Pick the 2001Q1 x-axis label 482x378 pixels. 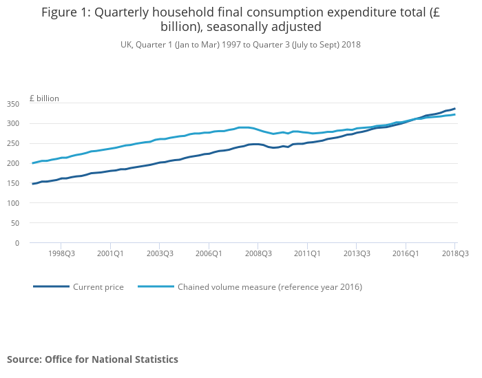coord(110,254)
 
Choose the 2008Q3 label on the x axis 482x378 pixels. coord(258,254)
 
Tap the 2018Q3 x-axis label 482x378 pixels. coord(454,254)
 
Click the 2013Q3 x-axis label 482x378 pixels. coord(356,254)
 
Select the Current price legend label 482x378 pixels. coord(98,287)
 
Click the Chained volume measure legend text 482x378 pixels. coord(270,287)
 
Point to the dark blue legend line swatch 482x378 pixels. coord(51,286)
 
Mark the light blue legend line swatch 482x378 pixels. coord(156,286)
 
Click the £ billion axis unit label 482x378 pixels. coord(44,98)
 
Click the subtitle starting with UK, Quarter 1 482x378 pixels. coord(240,45)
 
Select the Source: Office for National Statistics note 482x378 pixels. coord(92,359)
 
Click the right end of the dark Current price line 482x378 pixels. coord(455,108)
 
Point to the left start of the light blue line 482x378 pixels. coord(32,163)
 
